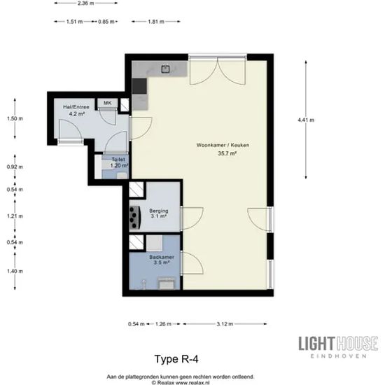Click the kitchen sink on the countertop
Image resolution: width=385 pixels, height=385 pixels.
[x=166, y=69]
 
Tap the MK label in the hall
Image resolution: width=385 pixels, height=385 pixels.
[x=108, y=103]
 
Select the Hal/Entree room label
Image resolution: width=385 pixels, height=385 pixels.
[x=76, y=107]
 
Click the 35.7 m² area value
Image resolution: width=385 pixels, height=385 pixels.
[x=227, y=153]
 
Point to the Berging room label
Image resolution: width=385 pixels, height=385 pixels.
[x=159, y=211]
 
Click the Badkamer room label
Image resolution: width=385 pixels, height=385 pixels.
[x=162, y=257]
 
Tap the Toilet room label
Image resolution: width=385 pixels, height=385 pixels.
[x=118, y=160]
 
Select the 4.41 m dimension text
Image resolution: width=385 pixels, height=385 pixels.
[x=306, y=120]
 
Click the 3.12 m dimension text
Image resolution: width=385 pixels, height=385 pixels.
[x=225, y=324]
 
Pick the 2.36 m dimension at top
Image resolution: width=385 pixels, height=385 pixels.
[x=86, y=3]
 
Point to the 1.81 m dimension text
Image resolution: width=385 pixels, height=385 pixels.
[x=156, y=22]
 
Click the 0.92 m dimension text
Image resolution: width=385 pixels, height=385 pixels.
[x=15, y=167]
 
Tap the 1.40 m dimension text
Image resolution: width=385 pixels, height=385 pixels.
[x=15, y=272]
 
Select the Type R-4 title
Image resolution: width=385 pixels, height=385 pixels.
[x=176, y=359]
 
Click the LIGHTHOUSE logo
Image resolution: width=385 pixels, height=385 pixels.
[x=338, y=346]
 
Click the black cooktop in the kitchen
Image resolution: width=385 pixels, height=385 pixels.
[x=139, y=86]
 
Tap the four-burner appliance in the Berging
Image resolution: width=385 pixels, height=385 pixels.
[x=135, y=218]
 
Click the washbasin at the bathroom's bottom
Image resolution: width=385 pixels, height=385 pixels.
[x=166, y=283]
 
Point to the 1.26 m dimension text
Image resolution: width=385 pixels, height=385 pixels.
[x=163, y=324]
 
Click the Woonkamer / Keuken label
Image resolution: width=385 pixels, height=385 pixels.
[x=223, y=145]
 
